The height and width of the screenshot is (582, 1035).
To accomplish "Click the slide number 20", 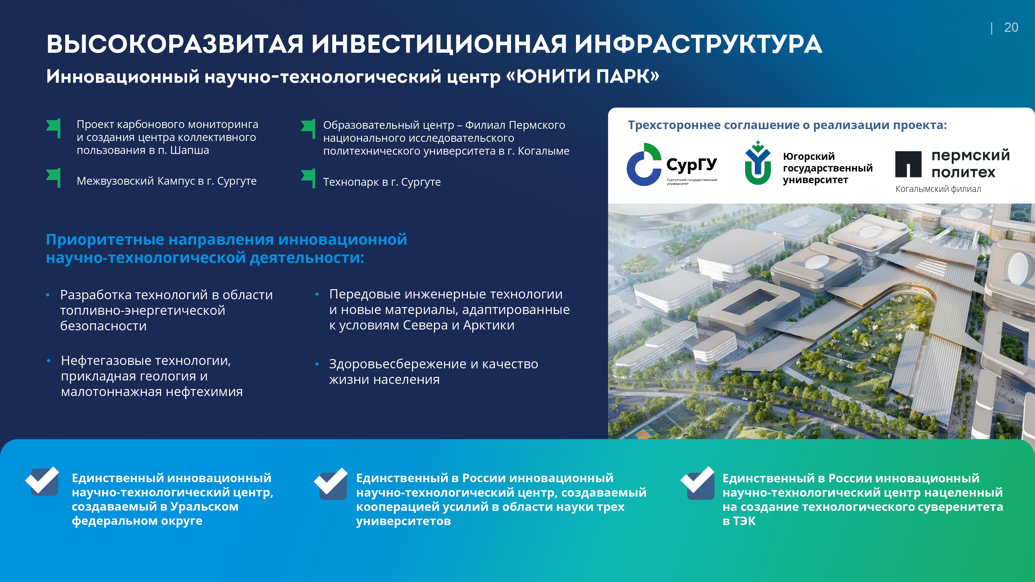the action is point(1011,27).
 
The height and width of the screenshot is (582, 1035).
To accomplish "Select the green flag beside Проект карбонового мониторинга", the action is point(54,128).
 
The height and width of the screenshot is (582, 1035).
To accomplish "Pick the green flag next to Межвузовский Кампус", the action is point(54,177).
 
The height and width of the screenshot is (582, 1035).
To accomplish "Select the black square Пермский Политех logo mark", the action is point(908,164).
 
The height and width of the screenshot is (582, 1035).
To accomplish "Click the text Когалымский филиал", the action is point(938,189).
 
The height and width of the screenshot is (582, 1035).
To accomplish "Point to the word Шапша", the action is point(190,150).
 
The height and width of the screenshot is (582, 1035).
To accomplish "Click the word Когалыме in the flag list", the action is point(544,151).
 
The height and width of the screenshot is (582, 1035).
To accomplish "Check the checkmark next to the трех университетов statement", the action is point(331,483).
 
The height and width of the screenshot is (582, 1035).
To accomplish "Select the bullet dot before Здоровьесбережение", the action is point(317,364).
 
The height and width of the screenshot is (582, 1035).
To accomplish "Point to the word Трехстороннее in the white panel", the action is point(674,125).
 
